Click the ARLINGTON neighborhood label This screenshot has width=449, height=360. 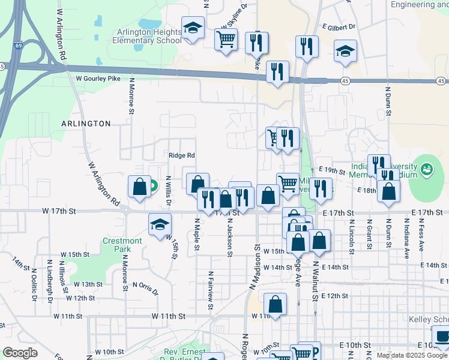[x=86, y=124]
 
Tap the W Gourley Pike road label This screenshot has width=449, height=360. [x=98, y=79]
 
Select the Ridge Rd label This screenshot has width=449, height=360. [x=182, y=155]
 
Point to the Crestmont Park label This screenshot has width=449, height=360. [x=122, y=244]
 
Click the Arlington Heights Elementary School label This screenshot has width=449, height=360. [x=147, y=36]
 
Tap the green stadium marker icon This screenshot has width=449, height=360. [x=427, y=170]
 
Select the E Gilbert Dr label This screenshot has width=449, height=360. [x=339, y=27]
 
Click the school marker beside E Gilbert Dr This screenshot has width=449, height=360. [x=345, y=52]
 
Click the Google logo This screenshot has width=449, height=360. [x=20, y=353]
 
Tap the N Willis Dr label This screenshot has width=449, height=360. [x=169, y=190]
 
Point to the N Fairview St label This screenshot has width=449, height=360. [x=211, y=290]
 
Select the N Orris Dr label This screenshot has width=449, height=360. [x=145, y=289]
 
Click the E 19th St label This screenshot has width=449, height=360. [x=333, y=171]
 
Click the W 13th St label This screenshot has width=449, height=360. [x=80, y=284]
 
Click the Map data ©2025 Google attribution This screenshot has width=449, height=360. [x=411, y=355]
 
